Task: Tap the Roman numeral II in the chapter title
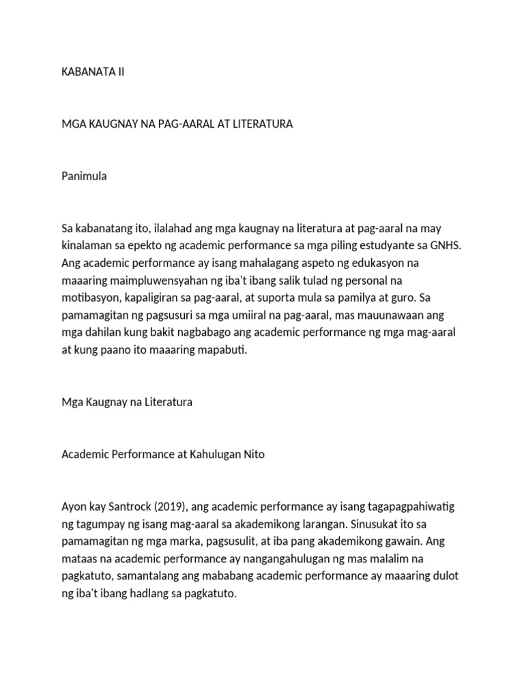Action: point(120,72)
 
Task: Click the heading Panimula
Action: point(84,176)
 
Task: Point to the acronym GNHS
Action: point(446,245)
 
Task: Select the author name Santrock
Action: point(117,507)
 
